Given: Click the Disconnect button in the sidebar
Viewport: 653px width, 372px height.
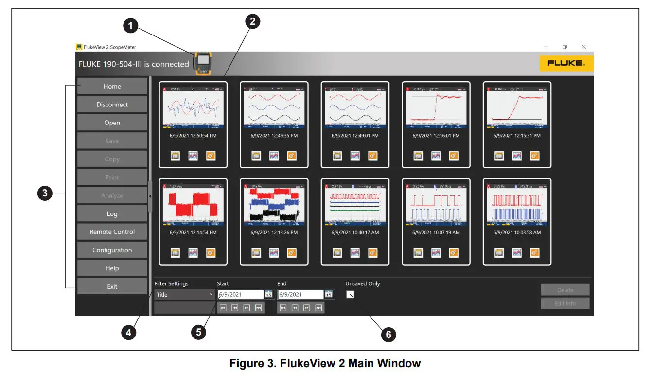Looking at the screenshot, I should click(x=112, y=105).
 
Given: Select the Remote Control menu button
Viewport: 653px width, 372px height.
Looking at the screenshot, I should click(x=112, y=232).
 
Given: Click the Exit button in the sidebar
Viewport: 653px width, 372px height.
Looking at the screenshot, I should click(x=112, y=286).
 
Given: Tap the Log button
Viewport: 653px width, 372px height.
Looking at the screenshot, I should click(x=112, y=214).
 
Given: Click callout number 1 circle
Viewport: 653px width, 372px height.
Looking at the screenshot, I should click(x=130, y=26).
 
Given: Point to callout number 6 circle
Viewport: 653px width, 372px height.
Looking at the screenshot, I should click(x=388, y=335).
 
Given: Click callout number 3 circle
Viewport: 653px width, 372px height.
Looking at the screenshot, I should click(x=45, y=194).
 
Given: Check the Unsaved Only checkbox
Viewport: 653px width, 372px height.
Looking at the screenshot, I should click(x=350, y=294).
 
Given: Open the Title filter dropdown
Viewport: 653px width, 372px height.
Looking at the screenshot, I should click(x=184, y=295).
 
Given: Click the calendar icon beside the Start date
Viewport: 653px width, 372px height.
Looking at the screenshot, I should click(x=268, y=294).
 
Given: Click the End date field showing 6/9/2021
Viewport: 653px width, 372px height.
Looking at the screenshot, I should click(x=300, y=294).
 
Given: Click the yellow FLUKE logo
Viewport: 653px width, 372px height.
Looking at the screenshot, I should click(x=566, y=63).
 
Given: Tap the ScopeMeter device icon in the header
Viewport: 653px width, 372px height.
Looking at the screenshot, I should click(x=203, y=63).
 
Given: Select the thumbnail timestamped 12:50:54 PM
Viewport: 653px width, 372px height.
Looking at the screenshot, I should click(x=193, y=108).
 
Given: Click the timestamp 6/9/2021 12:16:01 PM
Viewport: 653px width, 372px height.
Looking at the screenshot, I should click(x=436, y=136).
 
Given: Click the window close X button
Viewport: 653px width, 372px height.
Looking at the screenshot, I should click(x=583, y=47).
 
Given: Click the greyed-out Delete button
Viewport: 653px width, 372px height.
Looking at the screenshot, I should click(x=565, y=290).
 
